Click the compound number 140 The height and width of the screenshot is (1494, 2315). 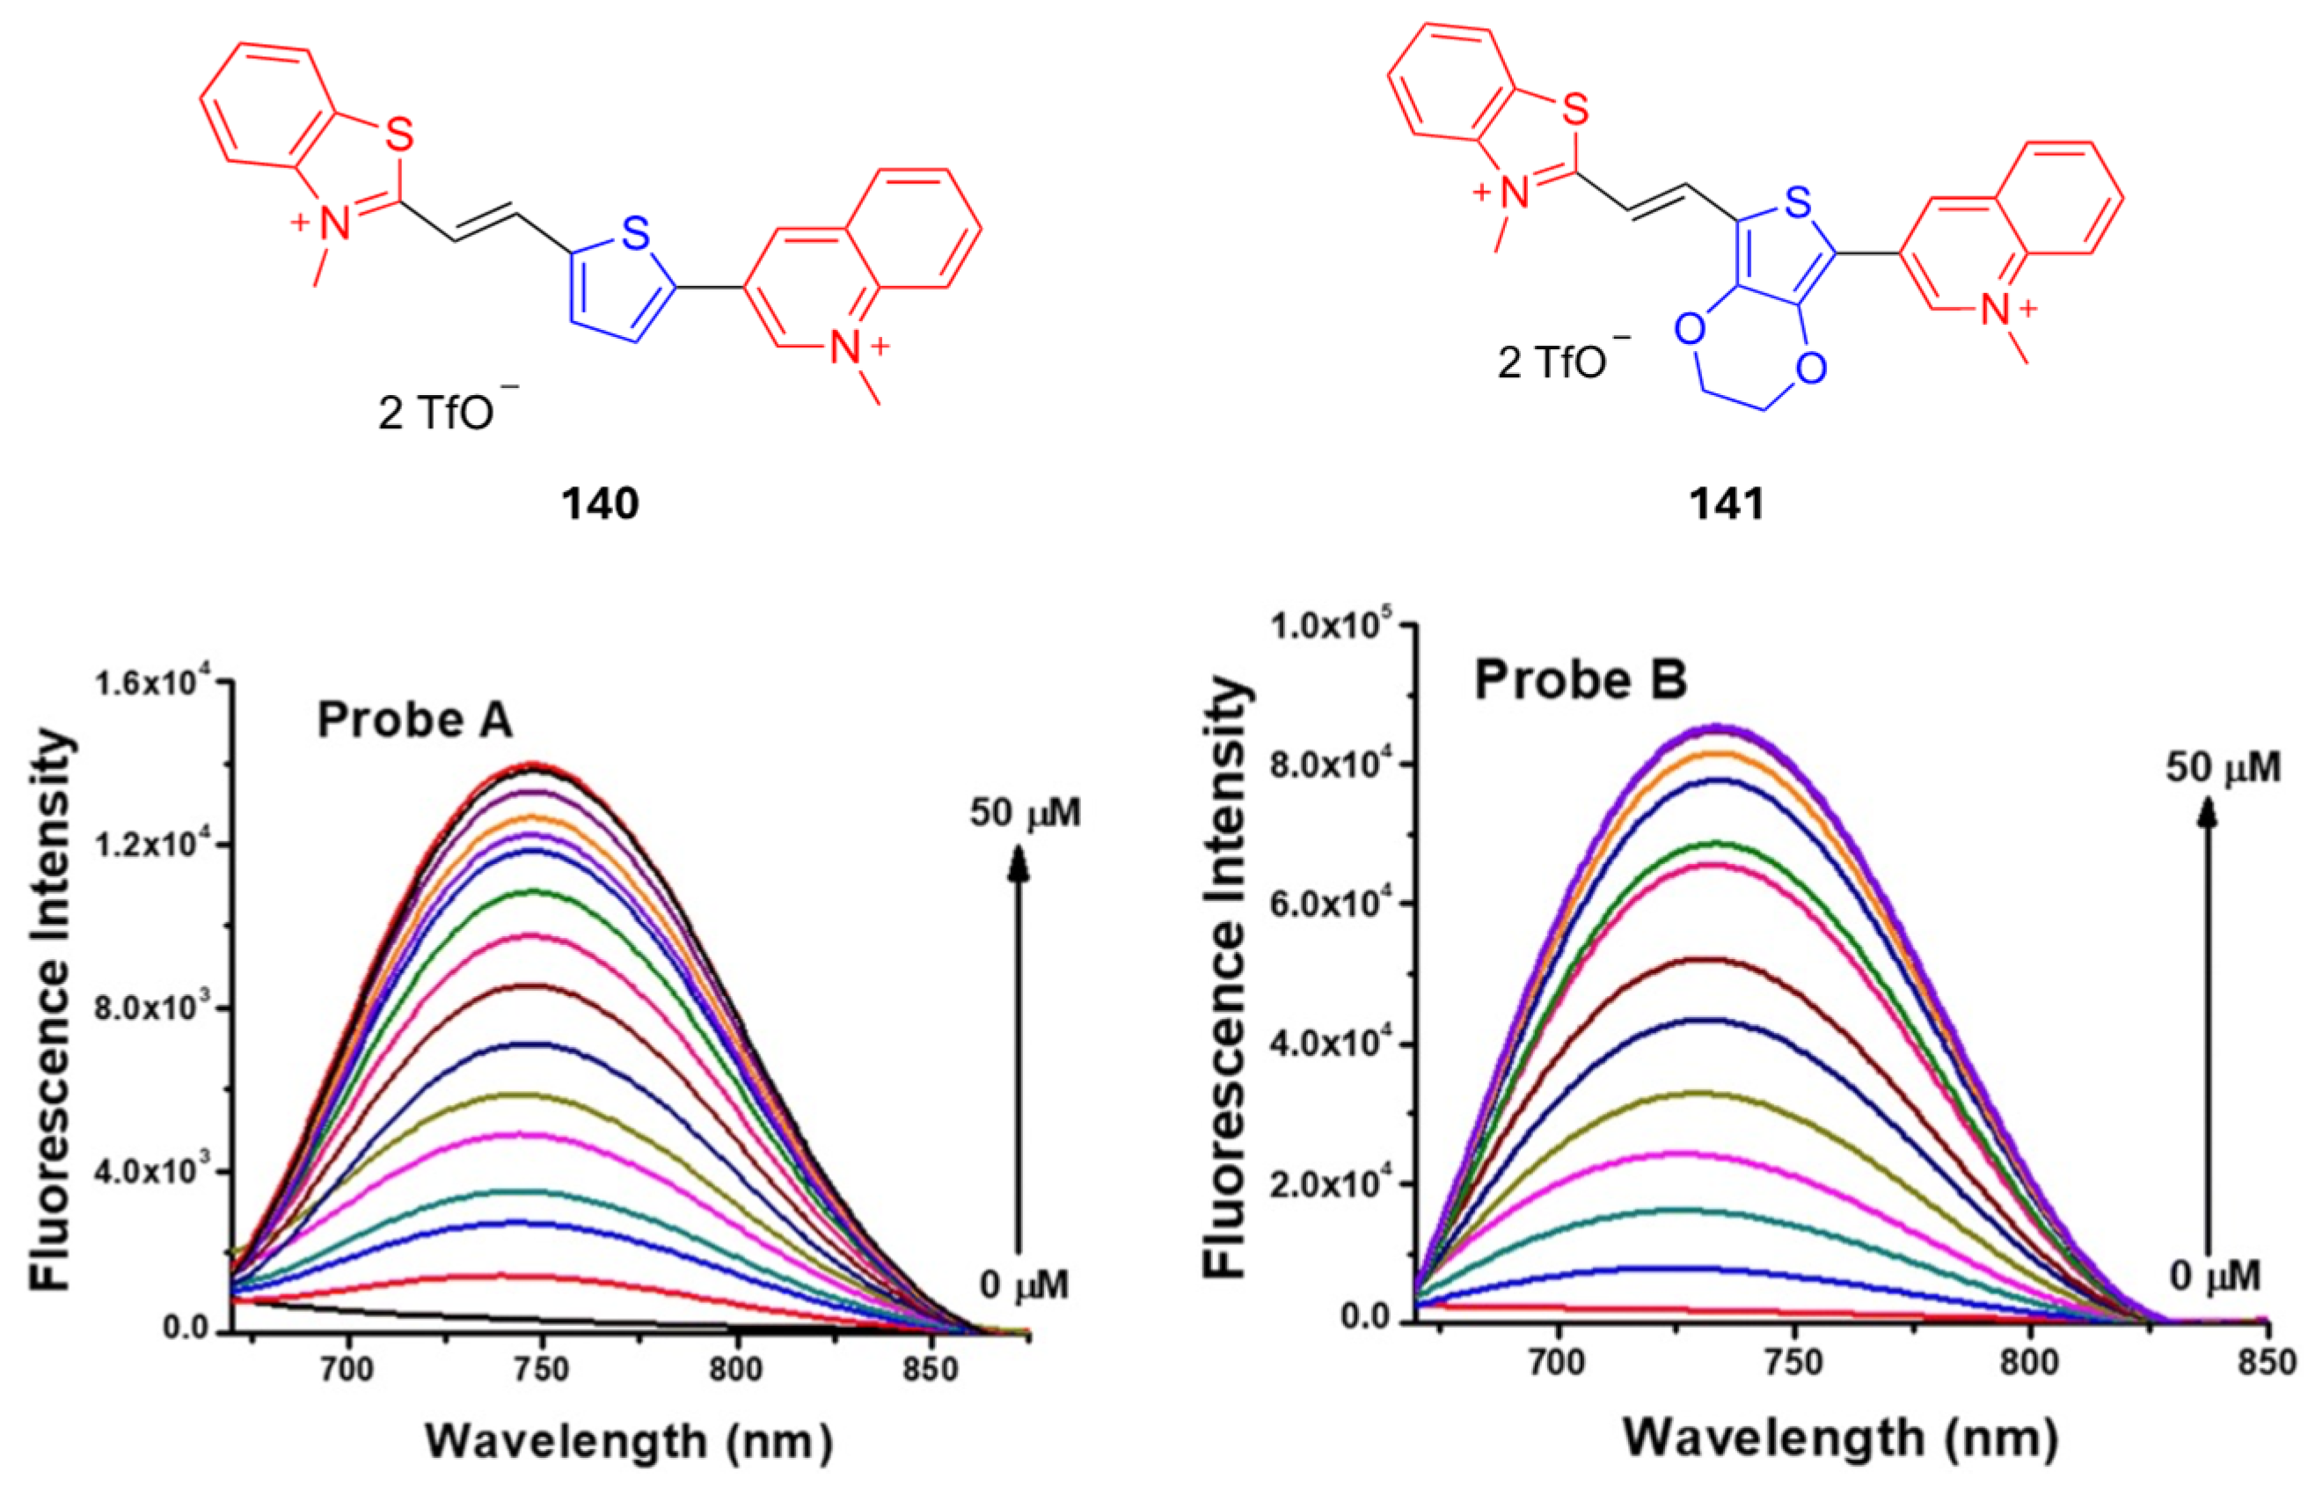click(x=601, y=503)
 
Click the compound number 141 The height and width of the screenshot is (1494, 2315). click(x=1727, y=503)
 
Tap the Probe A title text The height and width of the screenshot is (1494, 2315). click(x=414, y=720)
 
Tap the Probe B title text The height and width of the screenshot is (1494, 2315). click(x=1580, y=679)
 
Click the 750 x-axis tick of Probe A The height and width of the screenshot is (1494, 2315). click(x=542, y=1369)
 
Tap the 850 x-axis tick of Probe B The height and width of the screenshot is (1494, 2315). click(x=2267, y=1362)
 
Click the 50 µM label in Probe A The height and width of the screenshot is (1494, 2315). click(x=1024, y=812)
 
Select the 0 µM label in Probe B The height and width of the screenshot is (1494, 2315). click(x=2214, y=1275)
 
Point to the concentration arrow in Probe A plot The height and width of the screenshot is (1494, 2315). click(x=1019, y=1048)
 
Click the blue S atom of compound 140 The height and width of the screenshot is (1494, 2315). click(x=635, y=234)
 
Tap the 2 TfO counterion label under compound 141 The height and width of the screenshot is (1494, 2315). click(x=1561, y=361)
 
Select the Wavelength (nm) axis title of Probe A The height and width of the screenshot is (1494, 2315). click(x=629, y=1440)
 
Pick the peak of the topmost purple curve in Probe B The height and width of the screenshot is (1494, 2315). click(x=1719, y=728)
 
